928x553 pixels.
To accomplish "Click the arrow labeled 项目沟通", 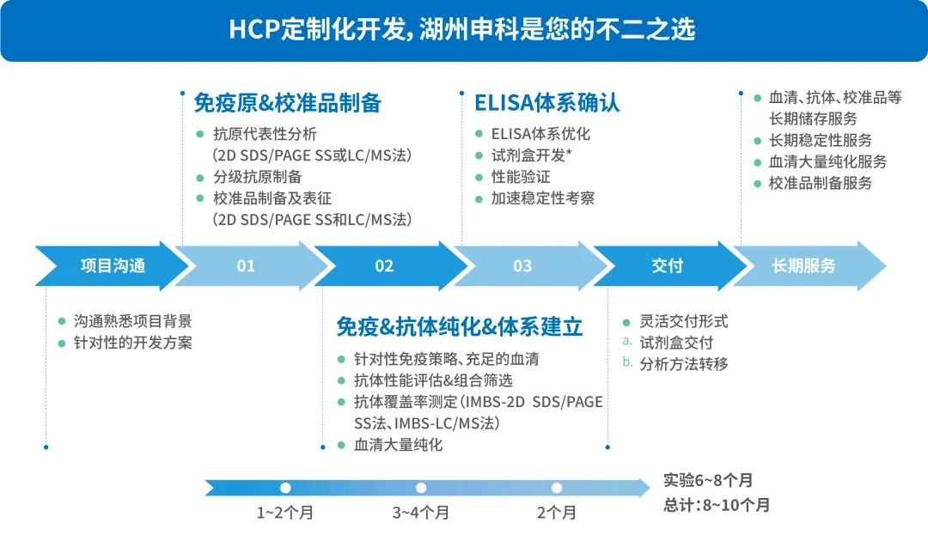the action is (x=113, y=265).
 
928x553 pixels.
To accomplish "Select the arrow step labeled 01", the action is (x=247, y=265).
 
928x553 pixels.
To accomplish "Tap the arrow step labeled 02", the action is (x=384, y=265).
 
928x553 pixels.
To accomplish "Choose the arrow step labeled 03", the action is (x=522, y=265).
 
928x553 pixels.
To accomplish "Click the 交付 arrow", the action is (x=667, y=265).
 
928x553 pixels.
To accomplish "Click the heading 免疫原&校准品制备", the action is (x=288, y=103).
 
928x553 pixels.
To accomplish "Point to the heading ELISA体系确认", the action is (x=546, y=103).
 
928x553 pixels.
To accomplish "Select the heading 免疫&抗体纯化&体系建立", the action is (x=460, y=326).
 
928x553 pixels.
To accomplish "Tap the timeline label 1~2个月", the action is (x=285, y=512).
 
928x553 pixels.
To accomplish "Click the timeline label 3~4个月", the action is (x=421, y=512).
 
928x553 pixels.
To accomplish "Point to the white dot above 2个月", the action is (x=556, y=488).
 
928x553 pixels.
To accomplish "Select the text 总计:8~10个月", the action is (x=717, y=505).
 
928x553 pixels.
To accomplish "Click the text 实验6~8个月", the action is (x=708, y=480).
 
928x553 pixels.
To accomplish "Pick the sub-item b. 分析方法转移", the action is (x=675, y=364).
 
